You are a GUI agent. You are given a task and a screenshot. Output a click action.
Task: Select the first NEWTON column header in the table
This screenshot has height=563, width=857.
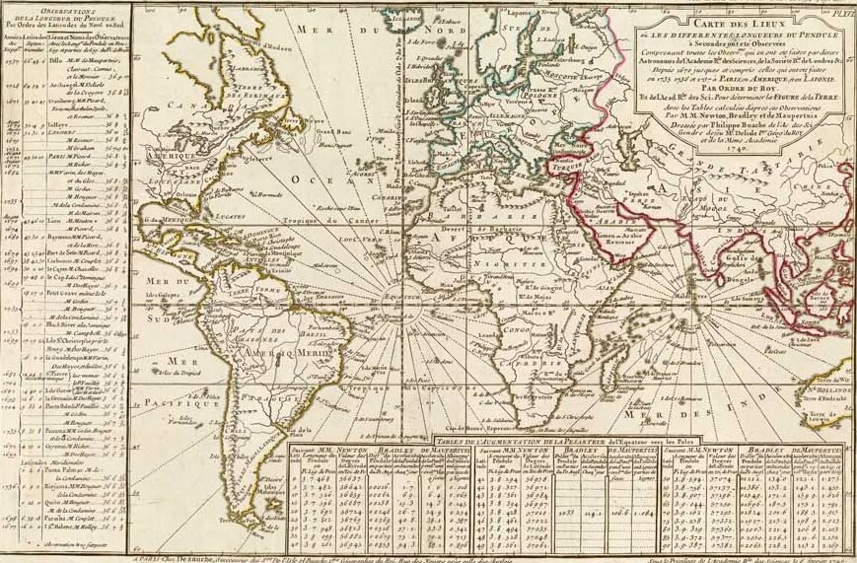pos(350,449)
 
